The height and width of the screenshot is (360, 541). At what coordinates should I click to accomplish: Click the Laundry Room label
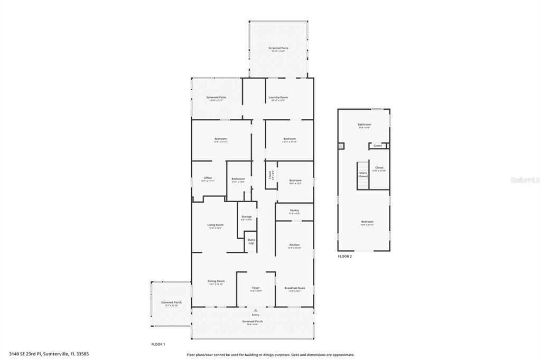pyautogui.click(x=278, y=98)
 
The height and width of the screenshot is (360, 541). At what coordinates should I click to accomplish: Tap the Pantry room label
pyautogui.click(x=294, y=211)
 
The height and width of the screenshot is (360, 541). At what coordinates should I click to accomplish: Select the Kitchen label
pyautogui.click(x=294, y=245)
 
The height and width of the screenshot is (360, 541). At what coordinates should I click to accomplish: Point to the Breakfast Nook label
pyautogui.click(x=294, y=288)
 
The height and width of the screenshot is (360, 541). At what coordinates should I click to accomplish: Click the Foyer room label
pyautogui.click(x=256, y=288)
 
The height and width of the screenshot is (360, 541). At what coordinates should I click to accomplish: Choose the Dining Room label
pyautogui.click(x=216, y=281)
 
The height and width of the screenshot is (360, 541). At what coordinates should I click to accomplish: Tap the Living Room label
pyautogui.click(x=215, y=225)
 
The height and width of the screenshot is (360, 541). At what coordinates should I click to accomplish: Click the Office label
pyautogui.click(x=208, y=178)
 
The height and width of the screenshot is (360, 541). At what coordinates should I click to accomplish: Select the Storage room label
pyautogui.click(x=246, y=217)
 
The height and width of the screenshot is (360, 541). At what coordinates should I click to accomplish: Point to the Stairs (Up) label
pyautogui.click(x=251, y=241)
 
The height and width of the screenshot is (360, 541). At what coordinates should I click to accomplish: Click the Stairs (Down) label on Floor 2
pyautogui.click(x=363, y=174)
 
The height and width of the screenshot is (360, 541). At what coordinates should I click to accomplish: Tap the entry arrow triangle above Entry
pyautogui.click(x=256, y=310)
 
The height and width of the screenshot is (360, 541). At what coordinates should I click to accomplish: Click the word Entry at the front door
pyautogui.click(x=256, y=315)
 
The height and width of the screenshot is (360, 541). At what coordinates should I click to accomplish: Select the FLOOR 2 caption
pyautogui.click(x=344, y=257)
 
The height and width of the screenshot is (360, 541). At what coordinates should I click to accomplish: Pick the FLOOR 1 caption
pyautogui.click(x=158, y=344)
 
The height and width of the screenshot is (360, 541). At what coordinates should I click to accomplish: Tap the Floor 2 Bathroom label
pyautogui.click(x=365, y=125)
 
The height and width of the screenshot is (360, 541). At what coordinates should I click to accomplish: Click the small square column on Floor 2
pyautogui.click(x=341, y=146)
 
